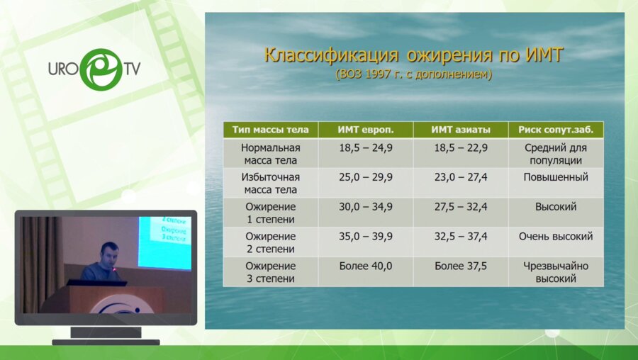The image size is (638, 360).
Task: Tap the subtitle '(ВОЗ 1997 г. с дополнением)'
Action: coord(414,73)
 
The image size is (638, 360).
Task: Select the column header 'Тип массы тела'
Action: coord(270,130)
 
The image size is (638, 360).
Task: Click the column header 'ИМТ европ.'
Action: coord(365,130)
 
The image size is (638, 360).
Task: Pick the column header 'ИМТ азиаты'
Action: coord(460,130)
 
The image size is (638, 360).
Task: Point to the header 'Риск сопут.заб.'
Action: coord(556,130)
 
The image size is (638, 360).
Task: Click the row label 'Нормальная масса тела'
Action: coord(270,154)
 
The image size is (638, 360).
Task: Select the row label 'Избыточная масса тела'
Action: coord(270,184)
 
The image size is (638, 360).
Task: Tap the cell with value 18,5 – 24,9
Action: coord(365,148)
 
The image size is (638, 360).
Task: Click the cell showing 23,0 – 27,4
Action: coord(460,177)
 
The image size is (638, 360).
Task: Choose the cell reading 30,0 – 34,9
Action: coord(365,207)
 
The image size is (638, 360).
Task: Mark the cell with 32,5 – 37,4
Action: coord(460,237)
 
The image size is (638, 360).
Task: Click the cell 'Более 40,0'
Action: coord(365,266)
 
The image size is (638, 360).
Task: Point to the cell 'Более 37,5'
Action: coord(460,266)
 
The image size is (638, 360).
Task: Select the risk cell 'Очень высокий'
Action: coord(556,237)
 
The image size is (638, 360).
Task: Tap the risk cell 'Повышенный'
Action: coord(556,177)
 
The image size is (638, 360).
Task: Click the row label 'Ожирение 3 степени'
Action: coord(270,272)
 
